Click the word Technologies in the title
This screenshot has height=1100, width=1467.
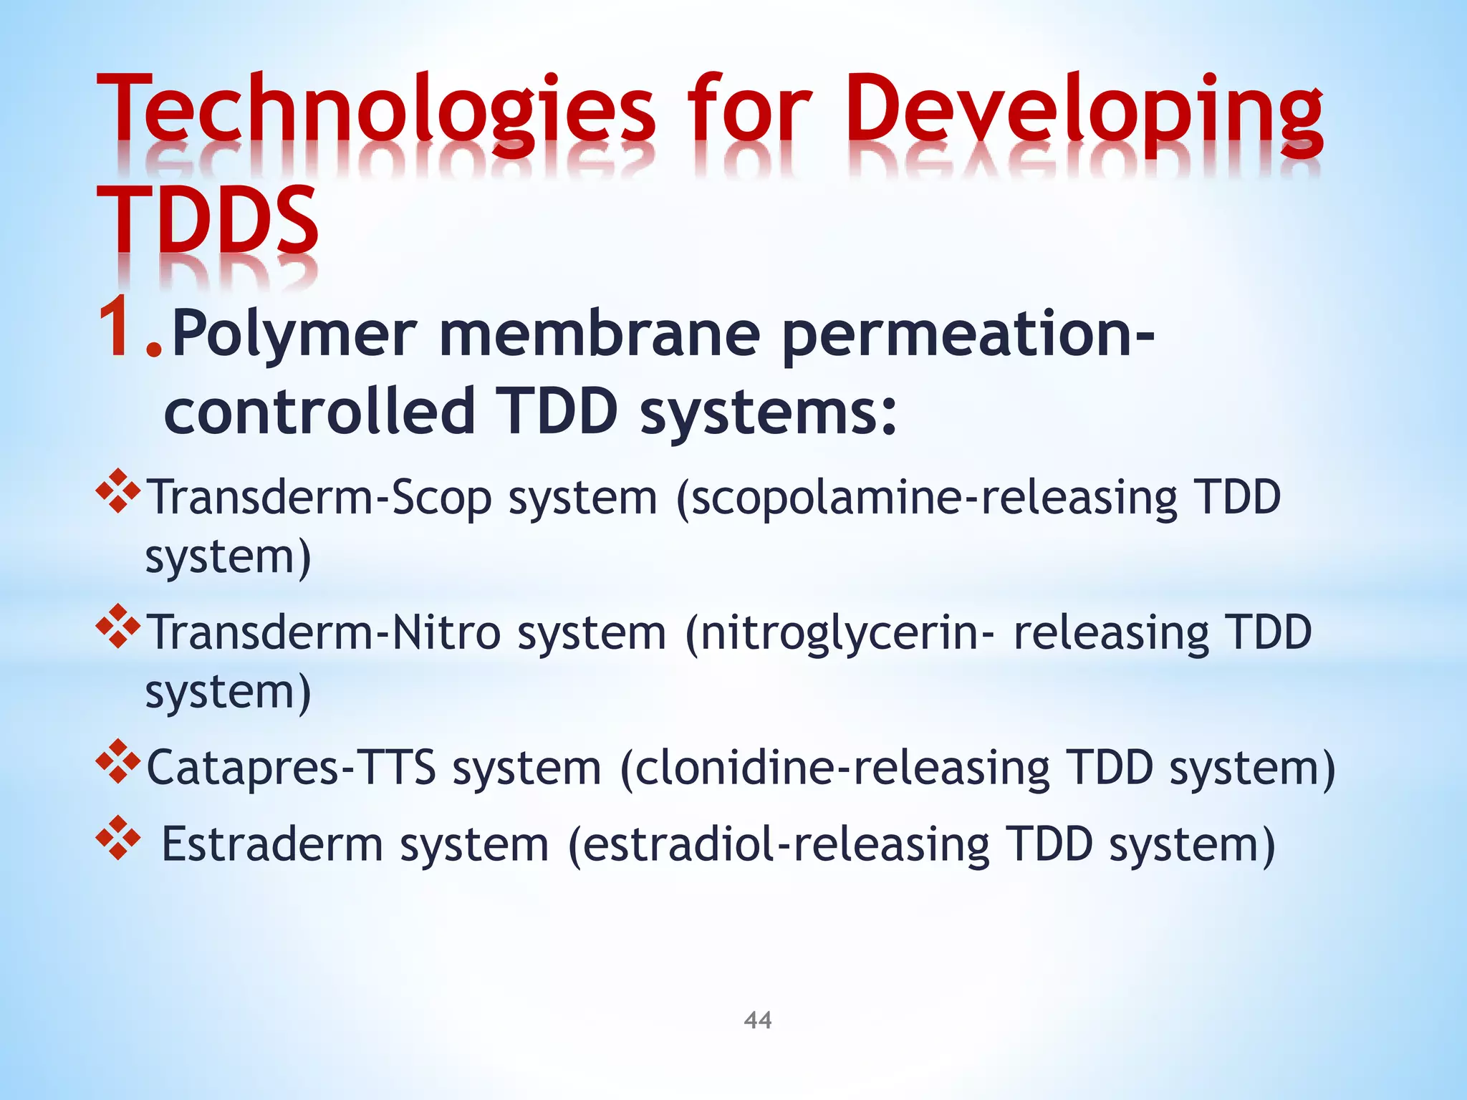click(x=376, y=115)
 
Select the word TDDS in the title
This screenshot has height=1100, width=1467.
click(x=208, y=218)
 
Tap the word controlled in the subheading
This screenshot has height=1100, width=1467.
click(x=319, y=411)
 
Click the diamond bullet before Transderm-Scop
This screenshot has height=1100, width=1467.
click(x=117, y=491)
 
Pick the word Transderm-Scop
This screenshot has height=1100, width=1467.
click(x=319, y=498)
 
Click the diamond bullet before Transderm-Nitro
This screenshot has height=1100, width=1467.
click(x=117, y=626)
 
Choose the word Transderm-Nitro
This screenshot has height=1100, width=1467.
click(x=323, y=633)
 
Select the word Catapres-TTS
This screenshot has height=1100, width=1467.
click(x=291, y=768)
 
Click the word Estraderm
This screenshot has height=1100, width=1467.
click(x=272, y=845)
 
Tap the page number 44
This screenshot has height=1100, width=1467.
click(x=758, y=1020)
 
